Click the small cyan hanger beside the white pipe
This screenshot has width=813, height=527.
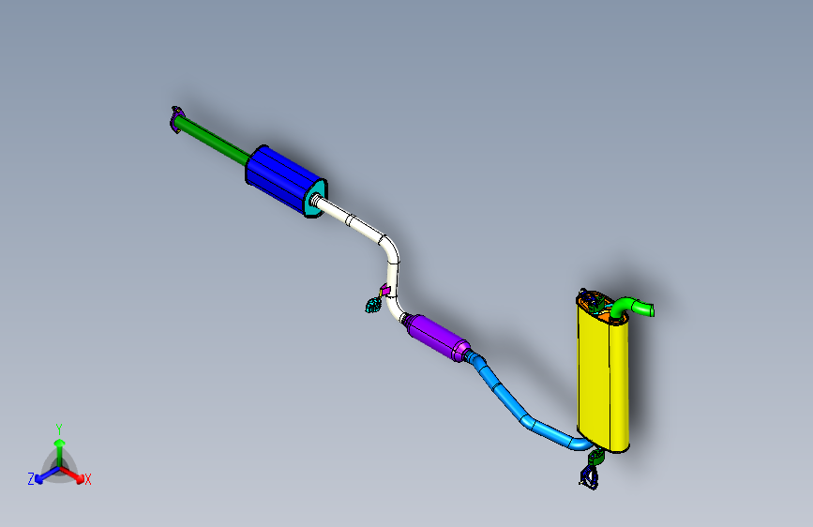tap(373, 304)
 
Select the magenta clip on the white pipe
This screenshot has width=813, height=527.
tap(384, 289)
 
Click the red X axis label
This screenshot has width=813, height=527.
tap(88, 479)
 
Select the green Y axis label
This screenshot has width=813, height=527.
tap(59, 428)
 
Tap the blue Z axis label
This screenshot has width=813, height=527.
tap(31, 479)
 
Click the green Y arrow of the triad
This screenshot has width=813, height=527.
tap(59, 446)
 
